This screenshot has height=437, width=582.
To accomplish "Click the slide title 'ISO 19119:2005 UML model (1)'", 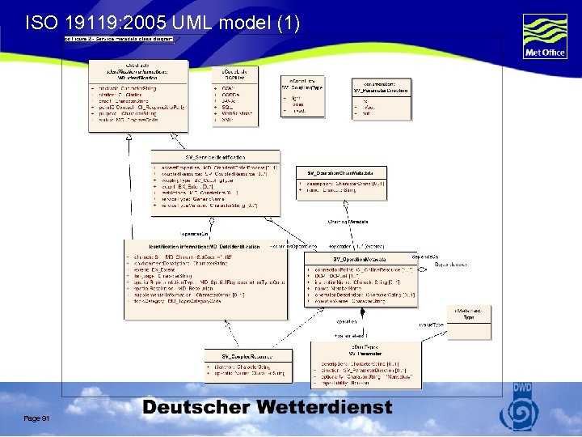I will click(162, 23).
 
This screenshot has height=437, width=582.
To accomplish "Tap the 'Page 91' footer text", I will click(38, 418).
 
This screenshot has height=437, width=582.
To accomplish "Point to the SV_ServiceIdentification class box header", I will click(216, 156).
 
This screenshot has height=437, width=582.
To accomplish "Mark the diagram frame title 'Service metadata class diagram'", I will click(122, 39).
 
